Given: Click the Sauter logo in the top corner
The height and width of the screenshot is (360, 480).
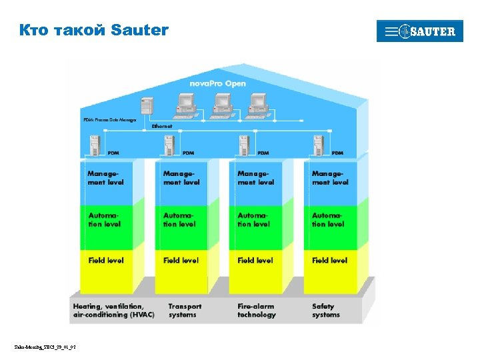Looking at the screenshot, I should point(419,31).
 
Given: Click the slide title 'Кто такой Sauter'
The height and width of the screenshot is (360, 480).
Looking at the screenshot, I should point(94,30).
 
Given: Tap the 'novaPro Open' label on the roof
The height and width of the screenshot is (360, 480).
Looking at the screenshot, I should point(217,83).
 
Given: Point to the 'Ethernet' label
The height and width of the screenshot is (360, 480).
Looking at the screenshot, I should point(162,125).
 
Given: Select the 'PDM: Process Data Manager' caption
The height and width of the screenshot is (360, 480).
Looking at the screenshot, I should point(110,119).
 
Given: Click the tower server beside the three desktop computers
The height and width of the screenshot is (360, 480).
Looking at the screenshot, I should point(146,107).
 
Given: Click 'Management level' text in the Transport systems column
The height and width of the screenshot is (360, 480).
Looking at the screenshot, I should point(181,177).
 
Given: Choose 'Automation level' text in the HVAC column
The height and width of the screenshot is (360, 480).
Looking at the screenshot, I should point(105,219).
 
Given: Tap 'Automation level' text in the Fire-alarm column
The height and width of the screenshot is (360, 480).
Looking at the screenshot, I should point(255,219).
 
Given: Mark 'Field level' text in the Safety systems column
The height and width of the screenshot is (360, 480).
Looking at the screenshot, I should point(330,260).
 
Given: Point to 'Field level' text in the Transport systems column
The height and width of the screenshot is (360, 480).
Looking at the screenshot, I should point(181,260).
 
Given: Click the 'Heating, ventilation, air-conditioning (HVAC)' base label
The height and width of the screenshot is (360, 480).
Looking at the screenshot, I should point(113,311).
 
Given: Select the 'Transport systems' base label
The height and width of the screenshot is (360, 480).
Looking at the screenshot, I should point(185,311).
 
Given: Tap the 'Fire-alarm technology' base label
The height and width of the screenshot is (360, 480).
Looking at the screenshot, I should point(257,311).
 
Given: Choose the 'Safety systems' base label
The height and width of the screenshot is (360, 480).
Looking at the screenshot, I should point(327,311).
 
